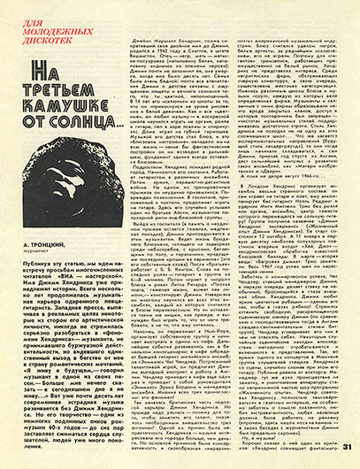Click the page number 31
tap(346, 454)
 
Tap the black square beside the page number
tap(332, 454)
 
